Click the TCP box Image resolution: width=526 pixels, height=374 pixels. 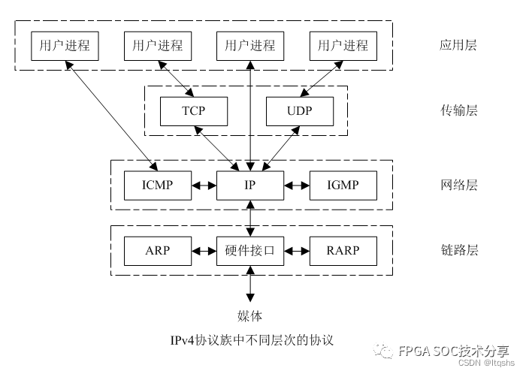coord(193,111)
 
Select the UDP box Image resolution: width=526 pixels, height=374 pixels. coord(300,111)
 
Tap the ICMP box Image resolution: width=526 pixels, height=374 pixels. coord(157,185)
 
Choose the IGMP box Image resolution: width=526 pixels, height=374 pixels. coord(343,185)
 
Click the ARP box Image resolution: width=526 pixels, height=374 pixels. coord(157,250)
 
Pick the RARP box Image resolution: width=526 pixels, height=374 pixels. coord(343,250)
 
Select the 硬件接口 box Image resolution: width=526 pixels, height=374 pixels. coord(250,250)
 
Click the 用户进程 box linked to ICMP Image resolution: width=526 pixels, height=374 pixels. coord(64,45)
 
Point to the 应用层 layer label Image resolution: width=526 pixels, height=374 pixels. coord(458,45)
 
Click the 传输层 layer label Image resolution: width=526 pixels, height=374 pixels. coord(458,111)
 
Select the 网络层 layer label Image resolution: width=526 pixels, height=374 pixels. coord(458,185)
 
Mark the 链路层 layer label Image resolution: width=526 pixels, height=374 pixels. coord(458,250)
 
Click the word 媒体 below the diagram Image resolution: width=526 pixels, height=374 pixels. coord(250,315)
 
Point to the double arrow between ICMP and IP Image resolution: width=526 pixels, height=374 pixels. coord(204,185)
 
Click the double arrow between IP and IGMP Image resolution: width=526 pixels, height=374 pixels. coord(297,185)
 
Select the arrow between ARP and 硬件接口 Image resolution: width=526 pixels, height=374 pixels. coord(204,250)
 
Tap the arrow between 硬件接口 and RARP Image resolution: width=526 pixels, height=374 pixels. coord(297,250)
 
